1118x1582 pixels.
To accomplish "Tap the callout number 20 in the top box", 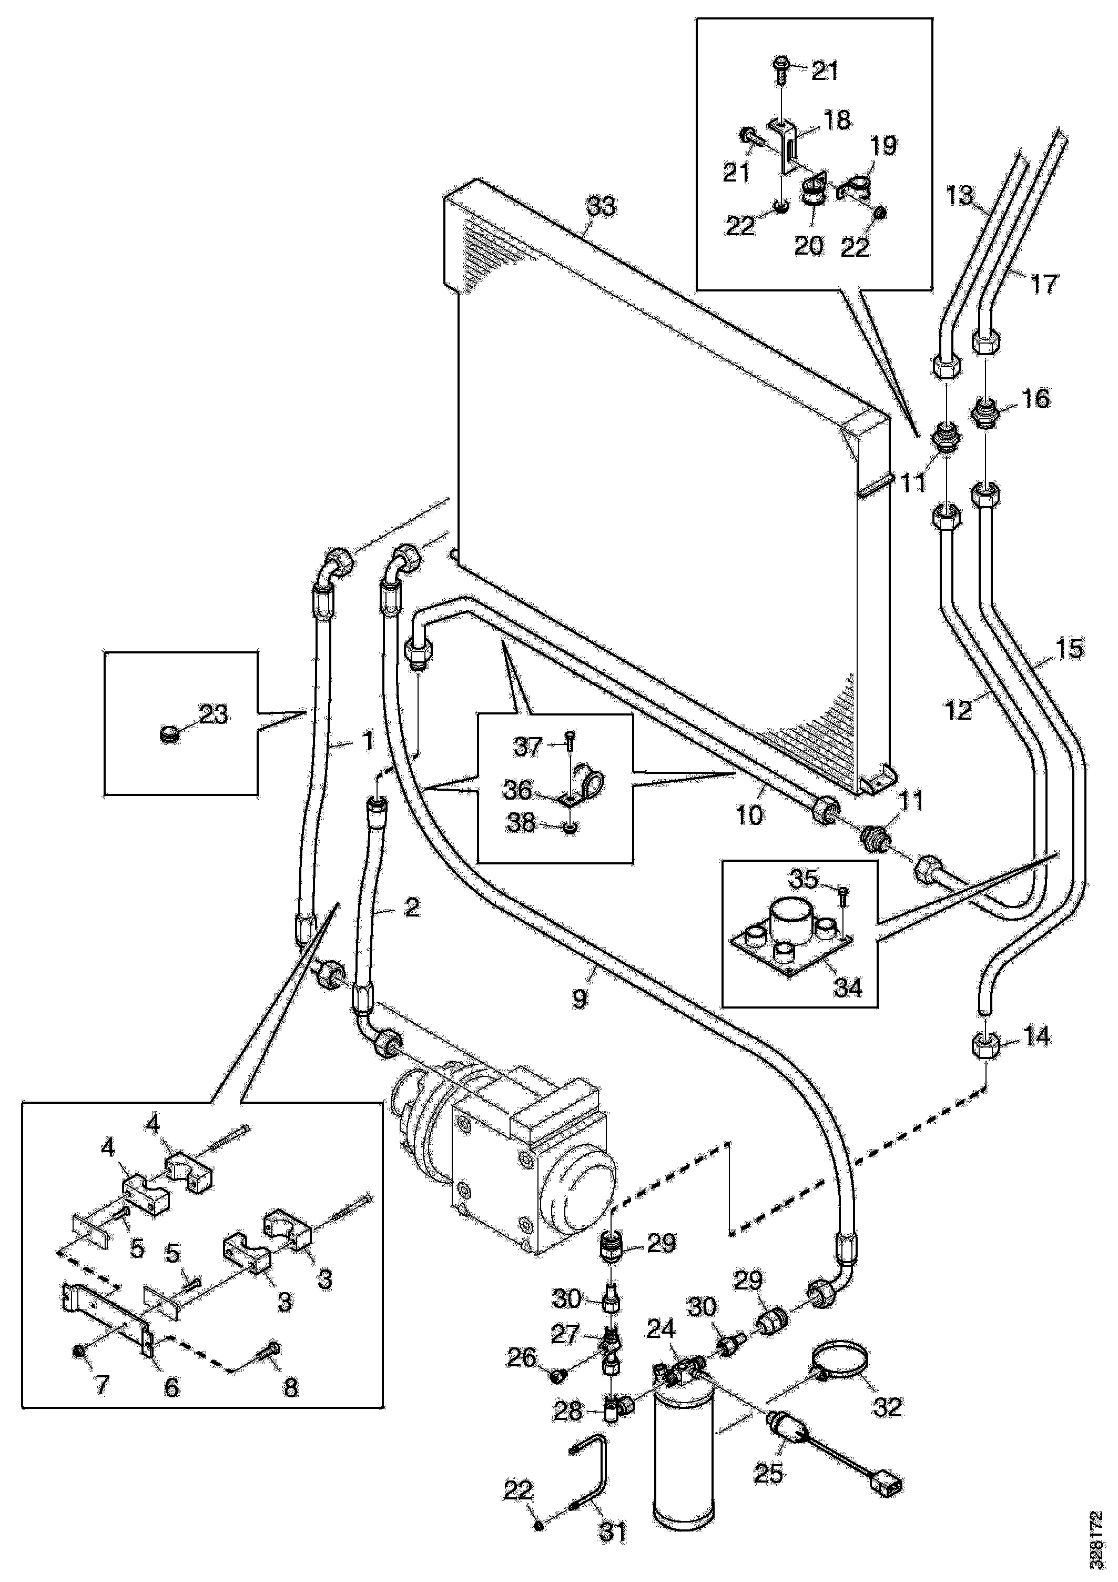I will (809, 245).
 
